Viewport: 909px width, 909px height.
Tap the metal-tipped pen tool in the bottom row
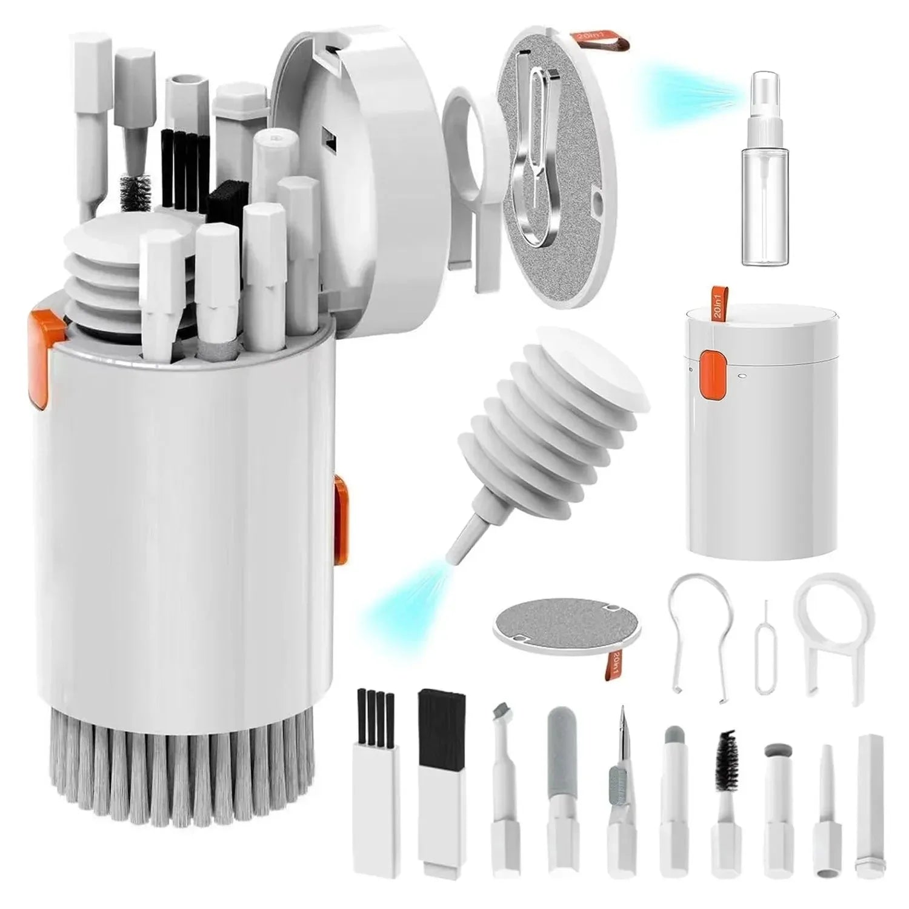click(619, 770)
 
